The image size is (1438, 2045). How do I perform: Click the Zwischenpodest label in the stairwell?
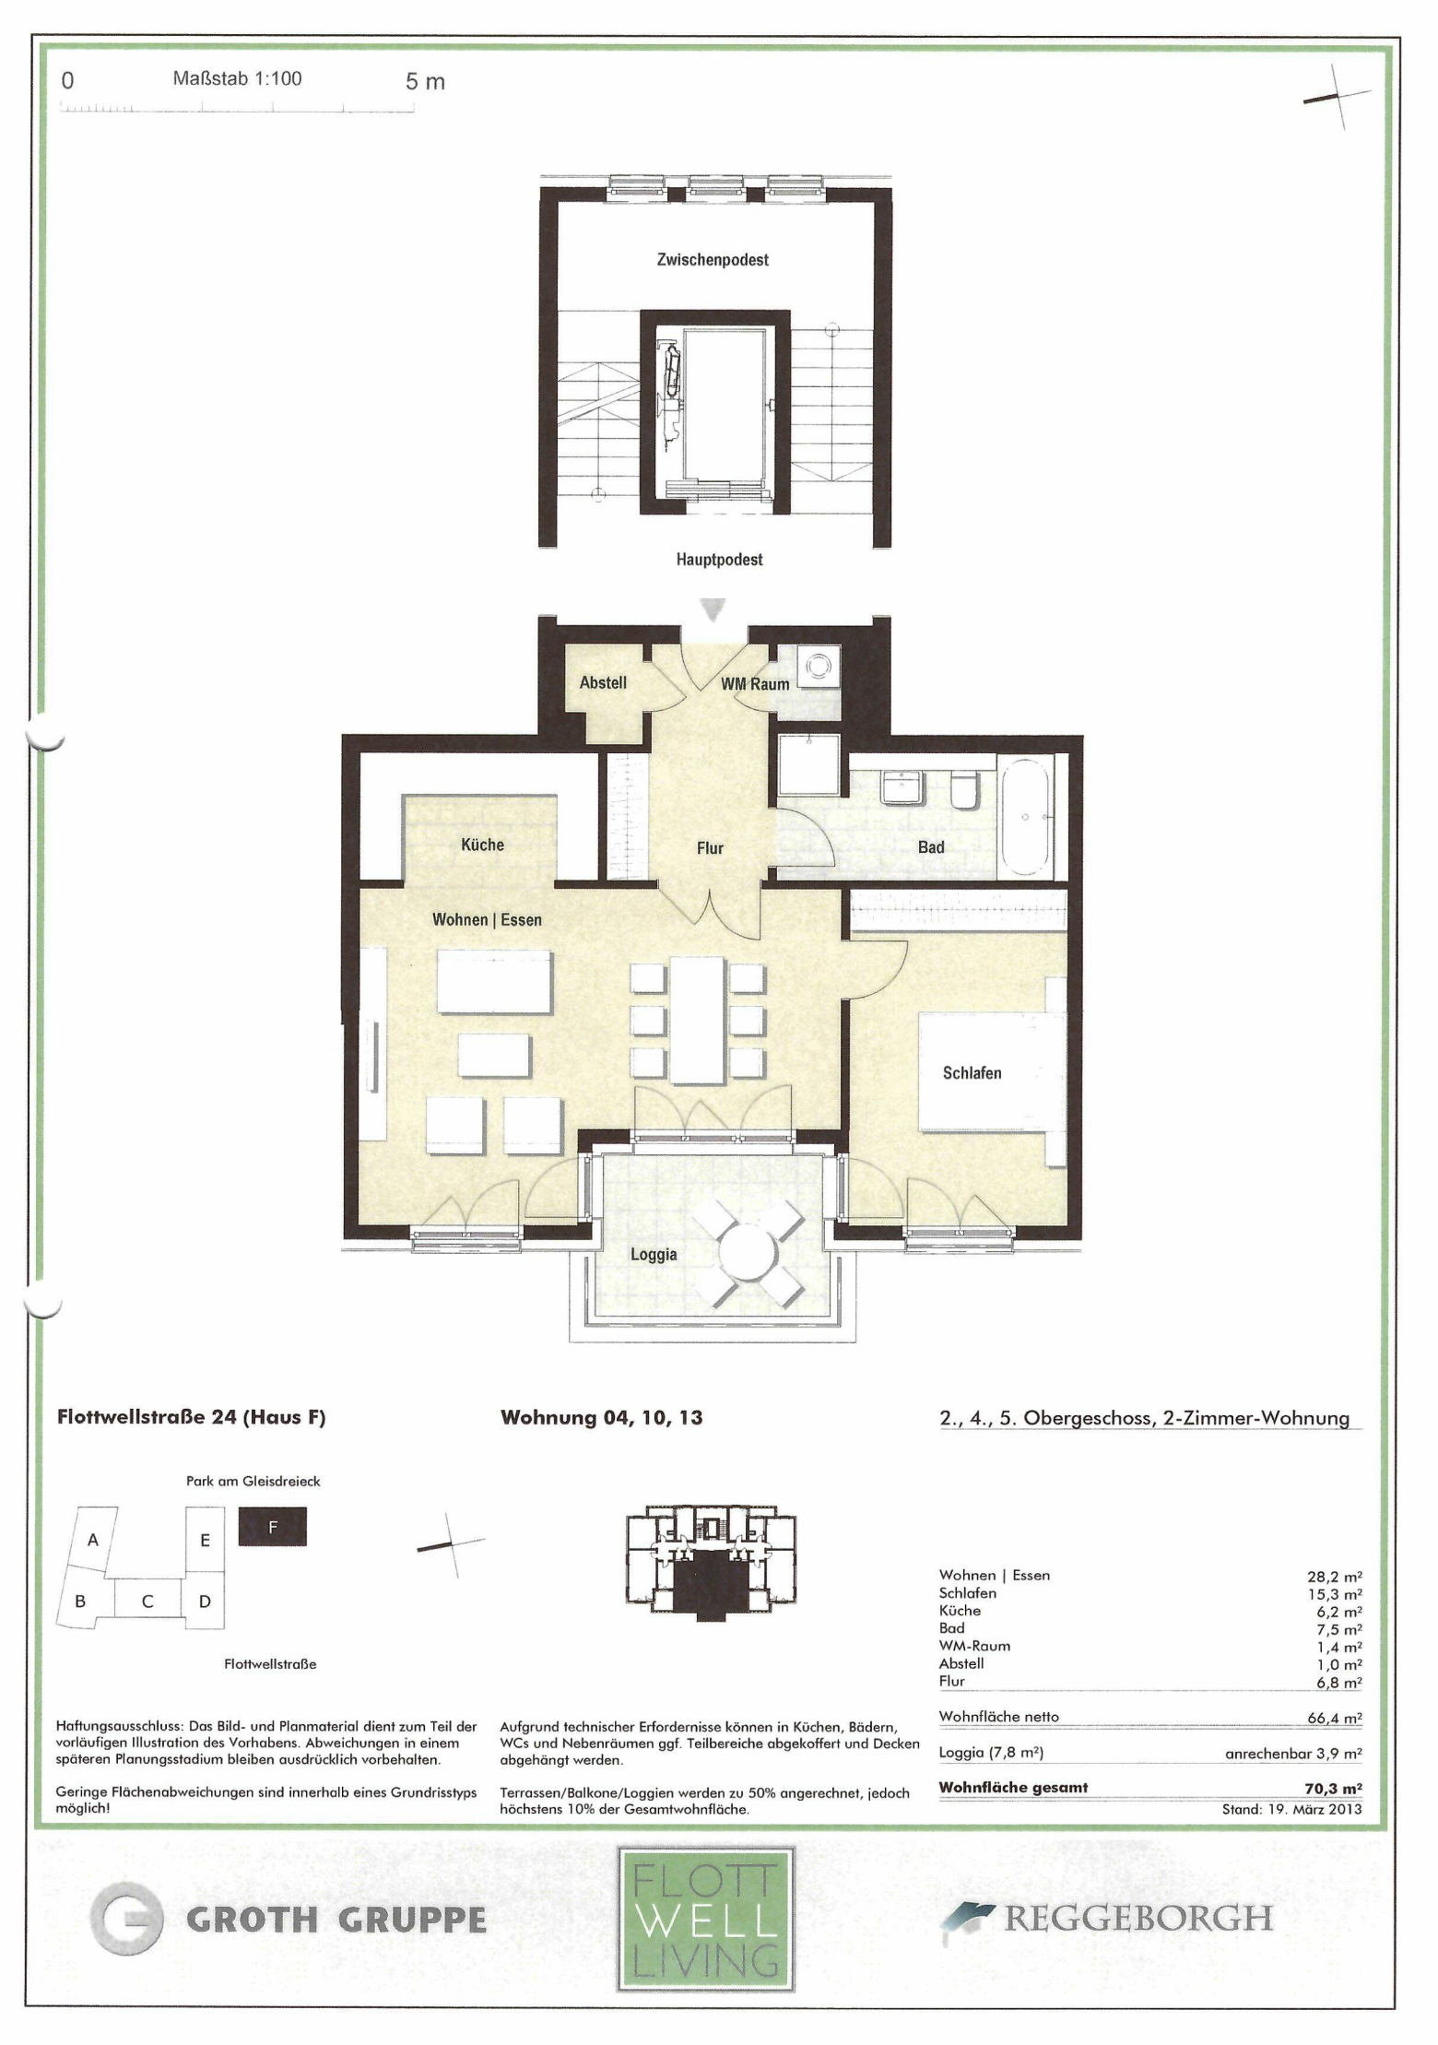coord(713,260)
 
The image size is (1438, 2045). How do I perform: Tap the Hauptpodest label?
coord(719,560)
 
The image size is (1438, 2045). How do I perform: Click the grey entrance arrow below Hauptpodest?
coord(713,609)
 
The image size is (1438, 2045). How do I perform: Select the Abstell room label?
coord(603,683)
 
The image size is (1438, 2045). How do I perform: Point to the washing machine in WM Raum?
coord(819,667)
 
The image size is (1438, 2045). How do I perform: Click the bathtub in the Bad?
coord(1024,816)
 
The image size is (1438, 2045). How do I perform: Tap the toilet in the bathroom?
coord(965,790)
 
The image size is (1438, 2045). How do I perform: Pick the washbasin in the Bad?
coord(903,786)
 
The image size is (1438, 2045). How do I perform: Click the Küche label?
coord(482,845)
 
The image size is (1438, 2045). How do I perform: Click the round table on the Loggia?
coord(748,1253)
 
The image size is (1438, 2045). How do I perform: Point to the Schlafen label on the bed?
coord(972,1073)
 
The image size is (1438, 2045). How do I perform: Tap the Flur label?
coord(710,848)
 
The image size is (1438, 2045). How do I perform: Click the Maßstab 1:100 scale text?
coord(237,79)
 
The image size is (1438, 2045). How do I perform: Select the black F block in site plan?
coord(273,1527)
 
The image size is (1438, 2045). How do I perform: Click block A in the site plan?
coord(93,1540)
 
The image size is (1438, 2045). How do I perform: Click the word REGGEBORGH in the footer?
coord(1138,1919)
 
